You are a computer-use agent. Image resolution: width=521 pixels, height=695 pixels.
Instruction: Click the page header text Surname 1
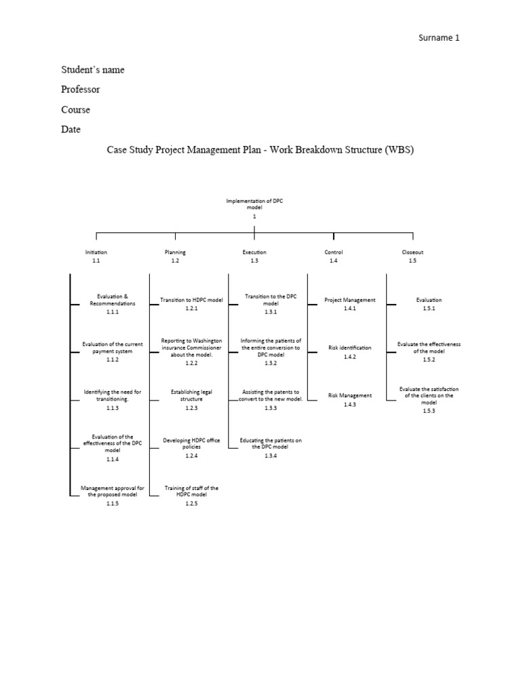tap(438, 38)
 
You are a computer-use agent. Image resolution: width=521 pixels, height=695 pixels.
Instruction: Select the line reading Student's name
tap(93, 70)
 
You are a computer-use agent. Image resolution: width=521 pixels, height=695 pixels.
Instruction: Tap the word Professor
tap(81, 90)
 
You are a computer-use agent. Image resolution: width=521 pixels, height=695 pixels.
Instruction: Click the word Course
tap(75, 109)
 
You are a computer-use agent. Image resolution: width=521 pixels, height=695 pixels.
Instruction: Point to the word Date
tap(71, 129)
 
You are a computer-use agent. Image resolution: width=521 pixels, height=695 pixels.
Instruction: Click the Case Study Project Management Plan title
tap(260, 149)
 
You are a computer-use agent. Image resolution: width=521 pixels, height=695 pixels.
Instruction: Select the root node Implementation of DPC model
tap(254, 204)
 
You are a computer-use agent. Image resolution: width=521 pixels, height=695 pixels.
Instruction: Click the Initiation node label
tap(96, 252)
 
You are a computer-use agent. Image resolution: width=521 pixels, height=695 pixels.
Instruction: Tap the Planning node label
tap(175, 252)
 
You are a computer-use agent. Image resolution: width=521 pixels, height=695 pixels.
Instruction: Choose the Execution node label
tap(254, 252)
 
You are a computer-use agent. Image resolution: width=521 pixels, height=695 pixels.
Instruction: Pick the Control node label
tap(334, 252)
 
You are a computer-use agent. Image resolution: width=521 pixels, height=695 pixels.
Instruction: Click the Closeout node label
tap(412, 252)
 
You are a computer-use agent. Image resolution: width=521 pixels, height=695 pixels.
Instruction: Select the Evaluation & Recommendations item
tap(112, 300)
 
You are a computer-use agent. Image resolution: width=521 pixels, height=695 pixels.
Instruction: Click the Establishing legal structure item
tap(191, 395)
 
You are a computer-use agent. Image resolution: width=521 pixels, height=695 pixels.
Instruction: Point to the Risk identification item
tap(349, 347)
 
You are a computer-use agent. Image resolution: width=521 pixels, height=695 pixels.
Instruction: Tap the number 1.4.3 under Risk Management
tap(349, 405)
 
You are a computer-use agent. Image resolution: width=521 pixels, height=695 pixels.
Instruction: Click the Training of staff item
tap(191, 491)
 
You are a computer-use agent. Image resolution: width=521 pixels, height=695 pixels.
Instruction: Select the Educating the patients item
tap(271, 443)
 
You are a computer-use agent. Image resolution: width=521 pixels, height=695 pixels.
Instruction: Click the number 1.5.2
tap(429, 360)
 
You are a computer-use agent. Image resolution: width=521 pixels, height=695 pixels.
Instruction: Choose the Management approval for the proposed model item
tap(112, 491)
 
